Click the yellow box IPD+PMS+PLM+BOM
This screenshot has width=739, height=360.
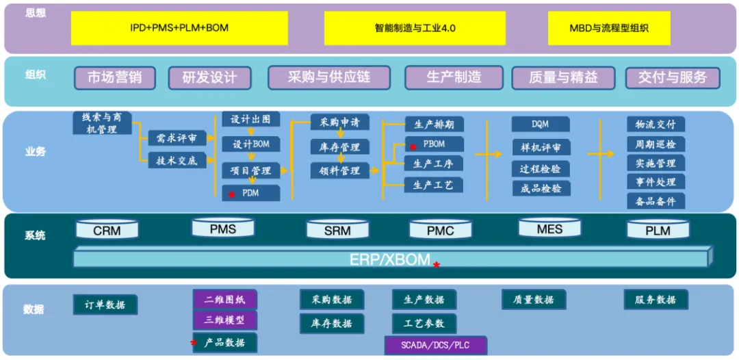(179, 29)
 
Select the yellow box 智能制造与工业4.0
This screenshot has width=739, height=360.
(415, 29)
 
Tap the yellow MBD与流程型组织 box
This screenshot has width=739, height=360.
(609, 29)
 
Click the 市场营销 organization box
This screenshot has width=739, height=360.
(114, 78)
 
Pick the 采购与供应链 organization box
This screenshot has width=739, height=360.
(329, 78)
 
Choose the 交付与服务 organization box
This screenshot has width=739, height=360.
(672, 78)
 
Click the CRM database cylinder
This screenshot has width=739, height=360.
(107, 229)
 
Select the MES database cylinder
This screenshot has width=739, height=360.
(549, 228)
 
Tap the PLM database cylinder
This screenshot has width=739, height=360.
(658, 229)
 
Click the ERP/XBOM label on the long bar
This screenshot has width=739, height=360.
(390, 259)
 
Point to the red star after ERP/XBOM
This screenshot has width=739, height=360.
(436, 264)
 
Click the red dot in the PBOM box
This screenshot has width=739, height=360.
(413, 146)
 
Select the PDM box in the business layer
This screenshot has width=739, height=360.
(250, 193)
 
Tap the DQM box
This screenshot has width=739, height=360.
(540, 125)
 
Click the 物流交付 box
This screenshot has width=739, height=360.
(655, 125)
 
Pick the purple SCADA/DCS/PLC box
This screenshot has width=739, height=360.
(435, 345)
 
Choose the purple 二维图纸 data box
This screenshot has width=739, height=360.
(225, 299)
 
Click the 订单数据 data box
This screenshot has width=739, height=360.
(105, 305)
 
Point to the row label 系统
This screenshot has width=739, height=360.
(35, 235)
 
